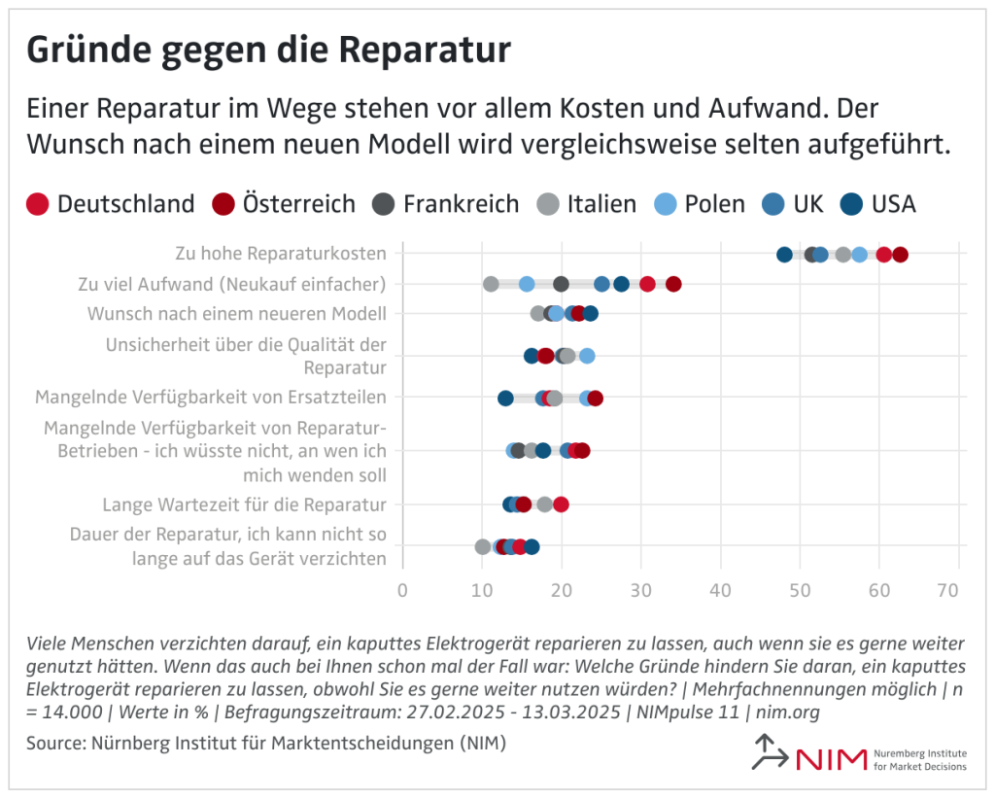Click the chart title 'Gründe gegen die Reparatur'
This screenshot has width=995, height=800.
(x=267, y=50)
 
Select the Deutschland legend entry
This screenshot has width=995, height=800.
(x=109, y=204)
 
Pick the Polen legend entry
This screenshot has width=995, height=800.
(x=699, y=204)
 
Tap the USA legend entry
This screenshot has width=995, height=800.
(x=877, y=204)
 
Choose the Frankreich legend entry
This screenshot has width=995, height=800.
(x=445, y=204)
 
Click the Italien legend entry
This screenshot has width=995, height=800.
(x=586, y=204)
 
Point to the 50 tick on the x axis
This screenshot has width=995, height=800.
(x=800, y=590)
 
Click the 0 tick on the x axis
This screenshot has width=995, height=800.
(x=402, y=590)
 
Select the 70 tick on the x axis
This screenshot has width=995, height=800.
(x=959, y=590)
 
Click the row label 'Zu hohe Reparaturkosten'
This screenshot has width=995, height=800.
(x=281, y=254)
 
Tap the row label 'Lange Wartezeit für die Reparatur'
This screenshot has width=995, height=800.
(x=245, y=504)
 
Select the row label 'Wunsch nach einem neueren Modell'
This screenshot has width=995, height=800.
(x=237, y=314)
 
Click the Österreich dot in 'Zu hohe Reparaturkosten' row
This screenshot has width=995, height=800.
(x=900, y=255)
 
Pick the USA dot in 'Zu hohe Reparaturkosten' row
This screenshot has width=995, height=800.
(x=784, y=255)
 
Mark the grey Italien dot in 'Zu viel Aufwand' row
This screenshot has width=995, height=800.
(x=491, y=284)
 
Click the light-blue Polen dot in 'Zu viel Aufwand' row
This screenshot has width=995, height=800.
(x=527, y=284)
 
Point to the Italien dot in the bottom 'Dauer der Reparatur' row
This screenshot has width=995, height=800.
(x=482, y=546)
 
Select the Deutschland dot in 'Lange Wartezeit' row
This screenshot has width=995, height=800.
(x=561, y=504)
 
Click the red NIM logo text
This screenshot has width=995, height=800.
(x=831, y=759)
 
